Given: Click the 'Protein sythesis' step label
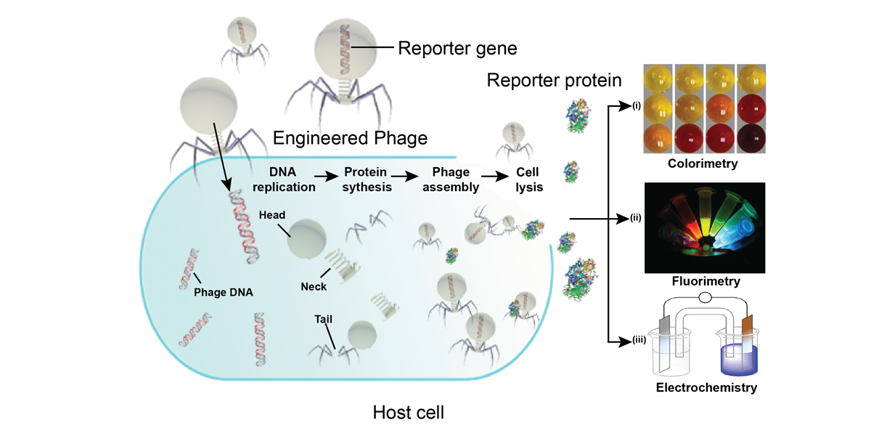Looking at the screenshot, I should pyautogui.click(x=367, y=179).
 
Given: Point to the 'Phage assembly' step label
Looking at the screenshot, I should pyautogui.click(x=451, y=179).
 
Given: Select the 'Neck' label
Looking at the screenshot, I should pyautogui.click(x=313, y=286).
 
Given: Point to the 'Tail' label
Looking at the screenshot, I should pyautogui.click(x=324, y=318).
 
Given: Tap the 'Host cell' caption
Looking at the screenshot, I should pyautogui.click(x=409, y=413).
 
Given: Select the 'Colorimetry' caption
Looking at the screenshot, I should pyautogui.click(x=702, y=164).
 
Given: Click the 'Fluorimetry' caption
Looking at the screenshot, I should pyautogui.click(x=702, y=280).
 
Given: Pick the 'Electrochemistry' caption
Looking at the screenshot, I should pyautogui.click(x=706, y=387).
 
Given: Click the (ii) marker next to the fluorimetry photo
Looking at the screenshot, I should pyautogui.click(x=637, y=217).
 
